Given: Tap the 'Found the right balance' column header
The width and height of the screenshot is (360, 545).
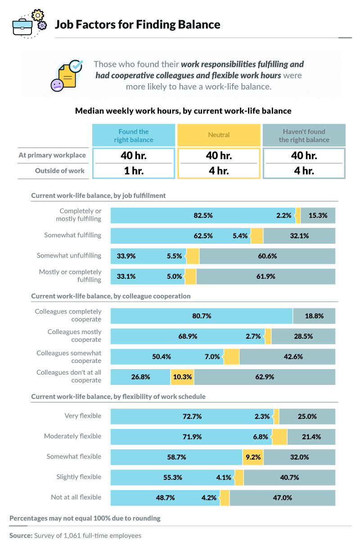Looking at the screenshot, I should [x=133, y=135].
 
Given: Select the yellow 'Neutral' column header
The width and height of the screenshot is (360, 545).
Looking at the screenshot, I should [x=219, y=135].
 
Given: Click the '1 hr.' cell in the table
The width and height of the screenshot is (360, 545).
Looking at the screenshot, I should [x=133, y=171].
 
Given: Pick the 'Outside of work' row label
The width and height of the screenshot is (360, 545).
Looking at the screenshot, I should [x=60, y=171].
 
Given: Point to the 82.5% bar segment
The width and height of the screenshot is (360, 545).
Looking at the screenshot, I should [x=203, y=215].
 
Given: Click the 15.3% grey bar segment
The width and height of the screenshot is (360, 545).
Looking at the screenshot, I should [x=318, y=215].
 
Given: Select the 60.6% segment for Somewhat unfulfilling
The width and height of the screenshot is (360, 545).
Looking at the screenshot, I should [x=267, y=256].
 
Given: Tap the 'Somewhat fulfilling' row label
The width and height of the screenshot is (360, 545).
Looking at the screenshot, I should [x=72, y=235].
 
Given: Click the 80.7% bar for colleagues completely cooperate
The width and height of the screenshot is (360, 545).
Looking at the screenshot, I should [x=202, y=316].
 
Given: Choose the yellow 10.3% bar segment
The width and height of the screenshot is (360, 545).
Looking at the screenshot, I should [x=182, y=377].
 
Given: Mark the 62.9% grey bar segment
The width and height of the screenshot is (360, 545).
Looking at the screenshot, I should [x=265, y=377].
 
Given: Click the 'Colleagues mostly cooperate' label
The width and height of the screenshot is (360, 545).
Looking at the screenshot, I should [x=75, y=336].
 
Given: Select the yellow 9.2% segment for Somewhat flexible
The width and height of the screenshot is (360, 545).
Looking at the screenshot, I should [x=253, y=457].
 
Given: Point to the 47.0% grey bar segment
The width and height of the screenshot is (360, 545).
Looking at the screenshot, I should [x=283, y=498].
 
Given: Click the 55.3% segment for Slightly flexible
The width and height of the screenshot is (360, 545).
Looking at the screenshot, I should [x=172, y=478].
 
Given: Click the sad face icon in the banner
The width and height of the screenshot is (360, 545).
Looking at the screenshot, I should [x=57, y=85].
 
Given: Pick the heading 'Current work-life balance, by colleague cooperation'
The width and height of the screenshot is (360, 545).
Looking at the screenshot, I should [x=111, y=296].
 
